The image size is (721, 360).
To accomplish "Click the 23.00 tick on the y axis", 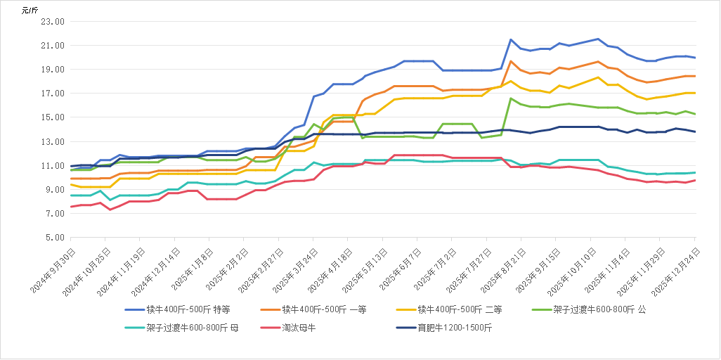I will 54,22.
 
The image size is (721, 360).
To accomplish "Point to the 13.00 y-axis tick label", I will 54,141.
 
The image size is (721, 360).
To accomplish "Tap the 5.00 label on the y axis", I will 56,238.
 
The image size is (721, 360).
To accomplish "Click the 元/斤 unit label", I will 32,9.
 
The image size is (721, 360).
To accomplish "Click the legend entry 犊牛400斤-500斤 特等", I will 188,309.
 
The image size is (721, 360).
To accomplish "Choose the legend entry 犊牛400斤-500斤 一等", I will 324,309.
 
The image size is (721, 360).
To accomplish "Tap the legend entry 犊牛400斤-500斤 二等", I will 460,309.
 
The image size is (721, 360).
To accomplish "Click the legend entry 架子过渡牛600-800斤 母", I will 192,327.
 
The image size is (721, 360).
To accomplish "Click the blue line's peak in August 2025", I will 511,39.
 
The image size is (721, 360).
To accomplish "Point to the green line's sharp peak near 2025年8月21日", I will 511,98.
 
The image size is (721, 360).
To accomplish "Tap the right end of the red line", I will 696,181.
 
